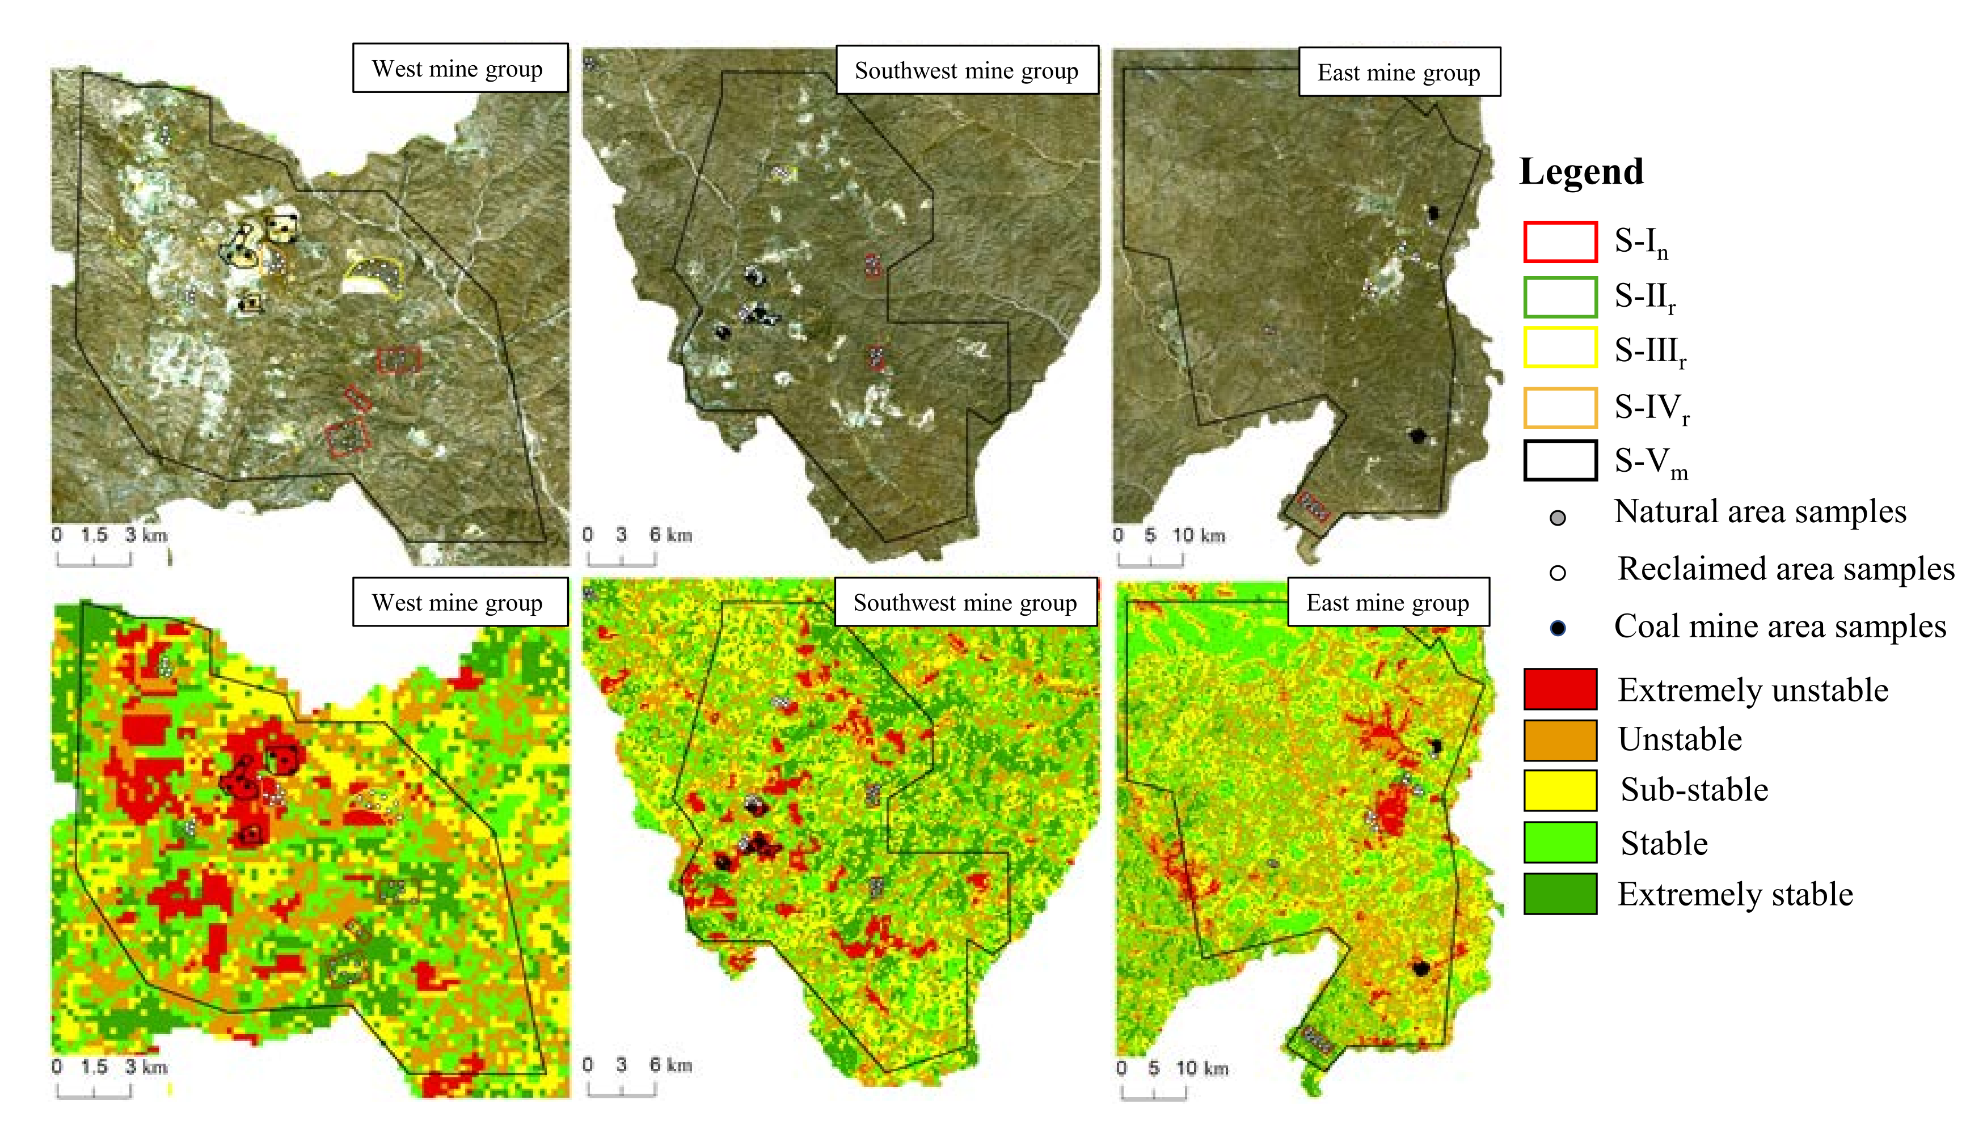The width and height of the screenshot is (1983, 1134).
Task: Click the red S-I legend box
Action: pos(1560,242)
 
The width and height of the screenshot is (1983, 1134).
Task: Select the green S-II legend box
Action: pos(1560,297)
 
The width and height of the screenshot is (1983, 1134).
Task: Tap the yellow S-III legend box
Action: pos(1560,348)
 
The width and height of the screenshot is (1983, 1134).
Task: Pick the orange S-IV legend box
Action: pos(1560,407)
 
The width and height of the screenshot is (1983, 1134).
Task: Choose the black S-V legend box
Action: pos(1560,460)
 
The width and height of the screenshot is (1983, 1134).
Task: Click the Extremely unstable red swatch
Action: pos(1560,688)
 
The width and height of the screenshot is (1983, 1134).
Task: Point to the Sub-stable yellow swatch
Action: pos(1560,790)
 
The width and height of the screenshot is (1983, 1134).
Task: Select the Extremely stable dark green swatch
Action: pos(1560,894)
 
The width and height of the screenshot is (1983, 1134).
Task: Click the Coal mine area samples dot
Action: pos(1558,628)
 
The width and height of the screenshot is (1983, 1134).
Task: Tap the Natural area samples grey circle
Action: pos(1558,518)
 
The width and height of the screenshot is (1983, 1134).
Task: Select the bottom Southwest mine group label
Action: pos(965,602)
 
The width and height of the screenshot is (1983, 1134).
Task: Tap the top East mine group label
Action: pos(1399,73)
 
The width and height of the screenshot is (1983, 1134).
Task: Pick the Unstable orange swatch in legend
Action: pos(1560,739)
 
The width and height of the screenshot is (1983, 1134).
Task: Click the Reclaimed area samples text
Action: pos(1785,569)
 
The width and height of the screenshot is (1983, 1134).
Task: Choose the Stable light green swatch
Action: pos(1560,842)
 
